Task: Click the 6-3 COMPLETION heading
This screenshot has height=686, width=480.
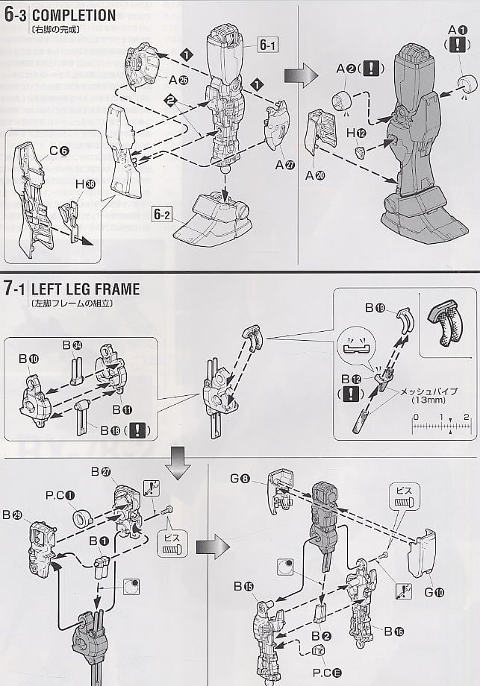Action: point(60,15)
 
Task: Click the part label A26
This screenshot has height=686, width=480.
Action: point(178,81)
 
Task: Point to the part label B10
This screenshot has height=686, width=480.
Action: point(28,359)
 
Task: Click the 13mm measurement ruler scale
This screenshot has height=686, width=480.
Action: point(440,427)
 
